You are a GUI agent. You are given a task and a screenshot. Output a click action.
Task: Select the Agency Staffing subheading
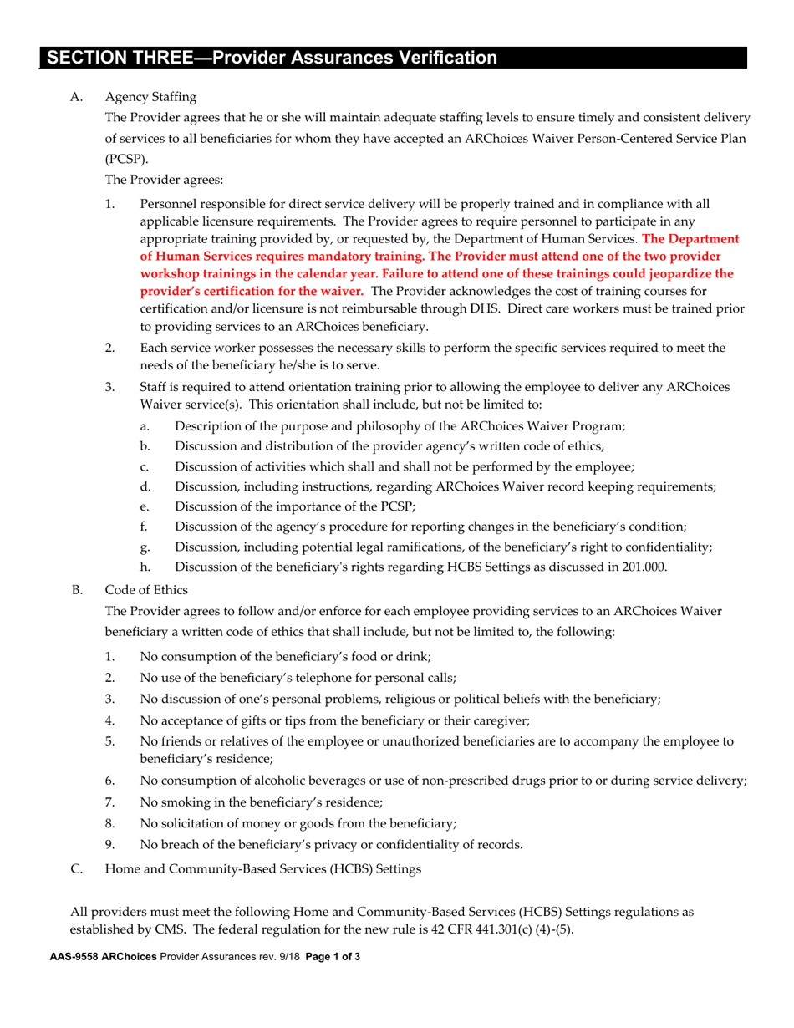[150, 98]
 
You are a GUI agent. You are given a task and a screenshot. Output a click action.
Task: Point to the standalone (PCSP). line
[124, 158]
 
